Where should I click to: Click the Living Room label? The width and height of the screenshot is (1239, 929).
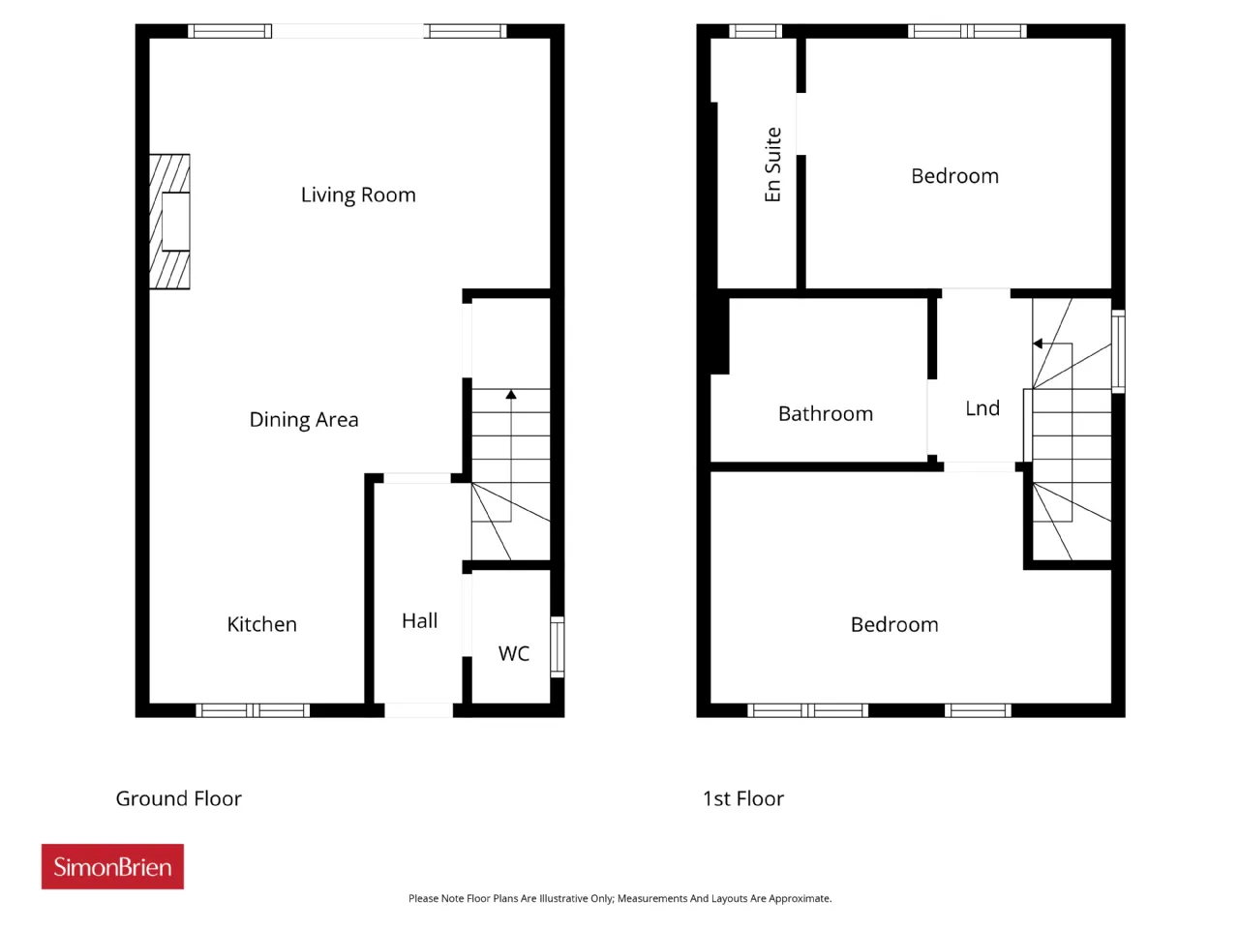click(x=358, y=195)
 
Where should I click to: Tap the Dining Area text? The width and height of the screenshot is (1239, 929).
click(x=304, y=420)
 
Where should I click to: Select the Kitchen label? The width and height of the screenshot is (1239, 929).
click(x=262, y=624)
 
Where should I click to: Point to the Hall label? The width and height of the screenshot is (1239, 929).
click(x=419, y=621)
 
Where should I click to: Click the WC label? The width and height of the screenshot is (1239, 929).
click(x=514, y=654)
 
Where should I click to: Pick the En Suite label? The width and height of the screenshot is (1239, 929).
click(x=772, y=165)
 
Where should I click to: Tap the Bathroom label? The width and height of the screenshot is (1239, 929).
click(x=826, y=414)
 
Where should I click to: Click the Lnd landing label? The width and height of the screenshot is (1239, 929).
click(x=982, y=408)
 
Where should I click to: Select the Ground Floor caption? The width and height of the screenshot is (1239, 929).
click(x=179, y=798)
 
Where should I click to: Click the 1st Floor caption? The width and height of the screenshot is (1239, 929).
click(x=743, y=798)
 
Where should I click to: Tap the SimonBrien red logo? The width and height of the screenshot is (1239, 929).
click(x=112, y=866)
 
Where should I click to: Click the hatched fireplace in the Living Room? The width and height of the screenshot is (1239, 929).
click(x=169, y=222)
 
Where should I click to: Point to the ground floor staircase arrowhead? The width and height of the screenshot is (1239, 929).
click(x=511, y=394)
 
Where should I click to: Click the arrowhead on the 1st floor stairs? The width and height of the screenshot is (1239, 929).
click(x=1038, y=344)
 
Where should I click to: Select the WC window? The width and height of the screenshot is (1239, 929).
click(x=558, y=646)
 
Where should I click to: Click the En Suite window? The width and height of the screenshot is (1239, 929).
click(x=755, y=31)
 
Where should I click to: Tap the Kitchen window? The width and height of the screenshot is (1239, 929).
click(x=253, y=710)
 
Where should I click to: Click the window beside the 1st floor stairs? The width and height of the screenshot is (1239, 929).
click(x=1118, y=351)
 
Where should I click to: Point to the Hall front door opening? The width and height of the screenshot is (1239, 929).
click(x=419, y=710)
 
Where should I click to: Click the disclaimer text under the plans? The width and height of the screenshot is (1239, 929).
click(x=619, y=899)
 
